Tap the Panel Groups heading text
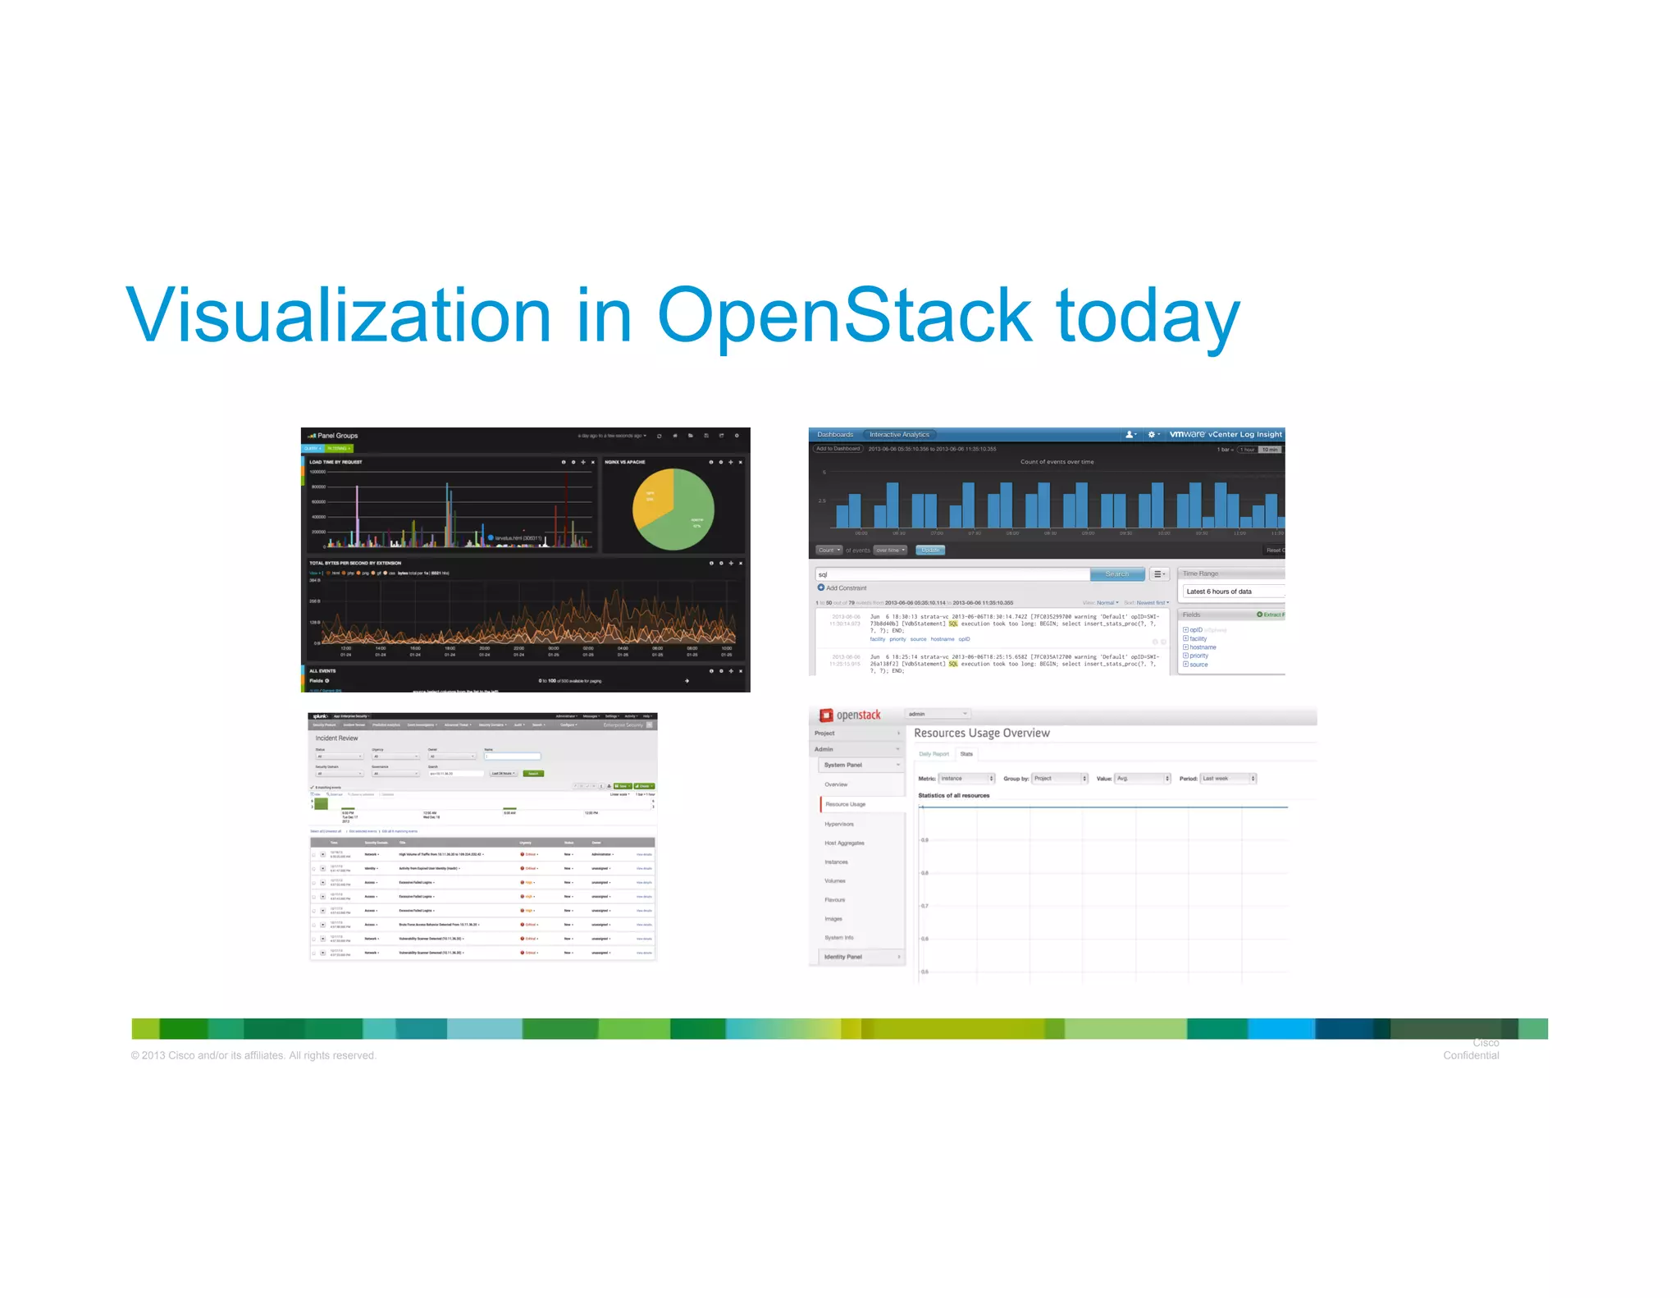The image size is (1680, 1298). (337, 436)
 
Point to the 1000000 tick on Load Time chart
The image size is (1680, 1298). (317, 472)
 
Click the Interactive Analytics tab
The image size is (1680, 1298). (899, 435)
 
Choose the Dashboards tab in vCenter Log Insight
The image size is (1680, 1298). (835, 435)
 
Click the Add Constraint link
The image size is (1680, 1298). (845, 588)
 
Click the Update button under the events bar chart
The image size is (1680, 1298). (930, 551)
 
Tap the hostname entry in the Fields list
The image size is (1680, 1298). (1203, 647)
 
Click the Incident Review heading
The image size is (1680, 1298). (336, 738)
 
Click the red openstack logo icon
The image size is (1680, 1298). (826, 715)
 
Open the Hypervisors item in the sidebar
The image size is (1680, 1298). (839, 824)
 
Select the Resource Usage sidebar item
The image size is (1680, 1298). (845, 804)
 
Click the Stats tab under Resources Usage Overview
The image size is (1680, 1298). (966, 754)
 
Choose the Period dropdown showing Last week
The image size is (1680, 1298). (1227, 779)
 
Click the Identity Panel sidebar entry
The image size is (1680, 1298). (843, 957)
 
